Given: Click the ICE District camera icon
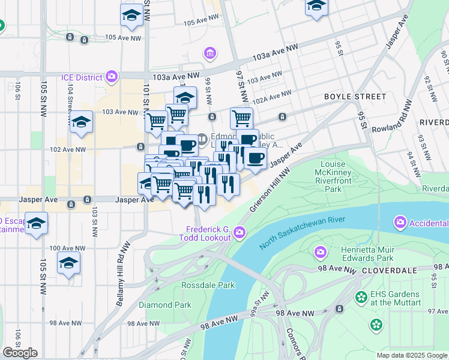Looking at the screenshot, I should [x=112, y=77].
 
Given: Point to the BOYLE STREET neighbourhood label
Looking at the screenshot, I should [x=355, y=97].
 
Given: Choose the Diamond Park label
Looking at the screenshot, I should [x=165, y=305].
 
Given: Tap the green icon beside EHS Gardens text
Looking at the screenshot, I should [x=361, y=297].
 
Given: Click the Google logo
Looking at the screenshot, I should [x=20, y=353].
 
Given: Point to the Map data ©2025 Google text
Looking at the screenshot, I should [x=412, y=355].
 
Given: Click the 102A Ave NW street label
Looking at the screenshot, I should [x=272, y=95].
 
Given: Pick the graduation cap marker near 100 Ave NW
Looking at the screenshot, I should [x=68, y=263].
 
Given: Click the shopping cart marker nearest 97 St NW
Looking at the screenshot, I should [x=241, y=118].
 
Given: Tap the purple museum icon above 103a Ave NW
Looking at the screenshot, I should [x=210, y=54].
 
